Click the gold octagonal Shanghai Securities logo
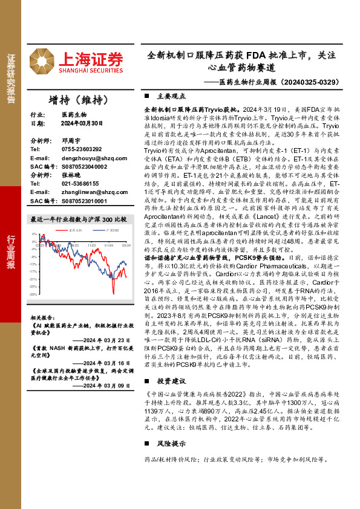[44, 59]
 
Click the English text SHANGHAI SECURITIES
[91, 70]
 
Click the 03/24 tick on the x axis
[126, 245]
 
